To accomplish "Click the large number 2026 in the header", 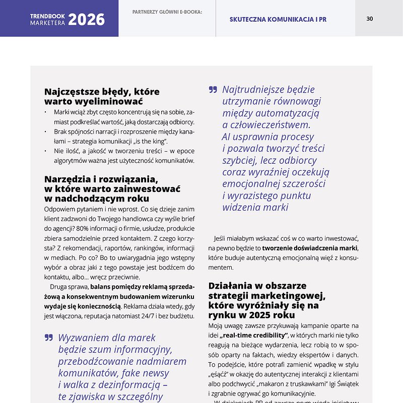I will point(87,20).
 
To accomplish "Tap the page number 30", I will point(370,19).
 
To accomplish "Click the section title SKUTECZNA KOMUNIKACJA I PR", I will point(278,20).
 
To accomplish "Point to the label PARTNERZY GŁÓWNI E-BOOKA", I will point(167,12).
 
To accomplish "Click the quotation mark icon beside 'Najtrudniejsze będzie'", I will point(213,90).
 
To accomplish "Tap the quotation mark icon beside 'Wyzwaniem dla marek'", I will point(48,338).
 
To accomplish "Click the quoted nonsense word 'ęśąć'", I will point(218,375).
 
